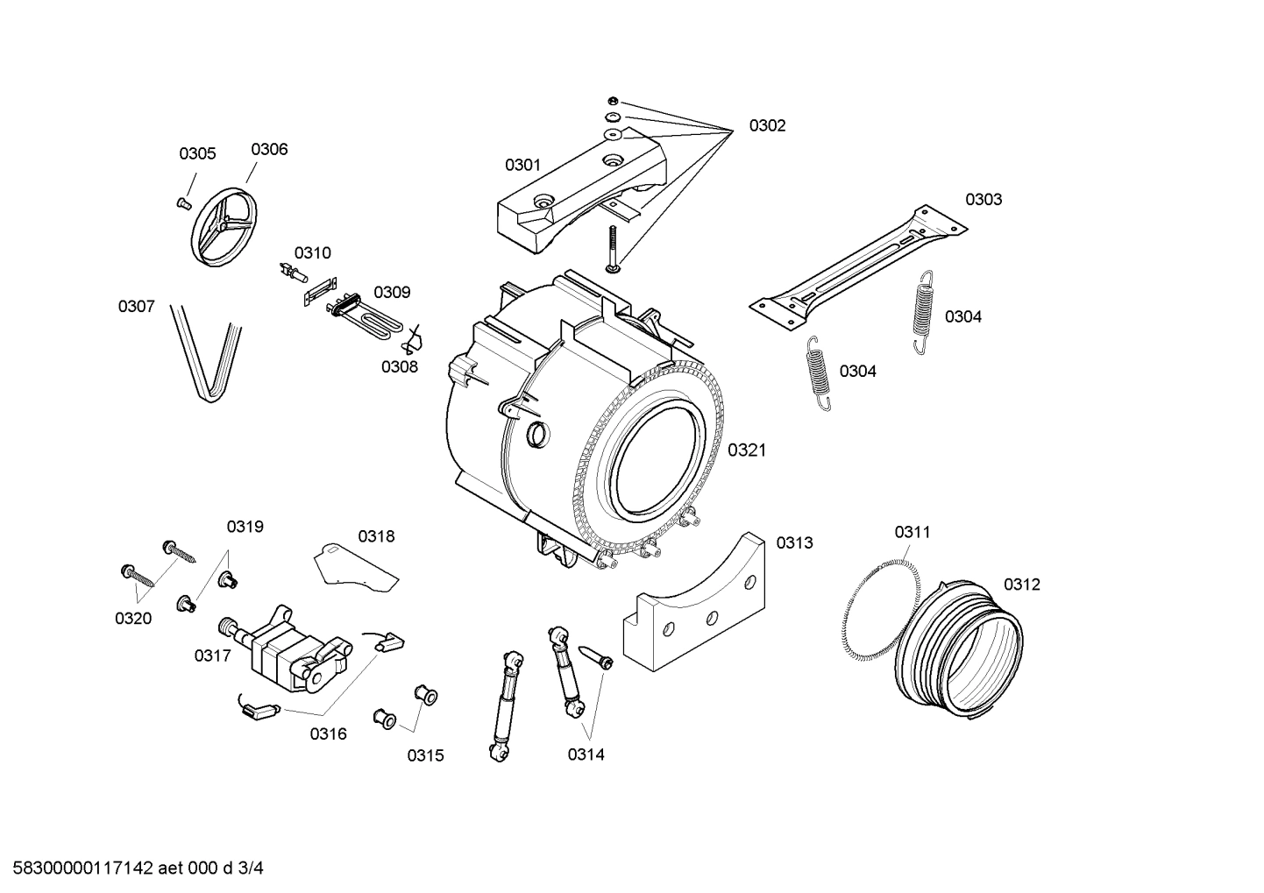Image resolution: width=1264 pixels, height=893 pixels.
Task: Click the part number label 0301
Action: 522,165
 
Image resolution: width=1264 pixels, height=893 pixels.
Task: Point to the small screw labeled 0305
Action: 184,203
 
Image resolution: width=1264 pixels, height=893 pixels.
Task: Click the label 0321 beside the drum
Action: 746,450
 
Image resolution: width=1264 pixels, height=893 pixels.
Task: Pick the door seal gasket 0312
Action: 959,649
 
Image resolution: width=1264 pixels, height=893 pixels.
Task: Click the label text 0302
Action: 767,125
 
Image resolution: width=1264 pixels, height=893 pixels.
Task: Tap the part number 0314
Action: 586,754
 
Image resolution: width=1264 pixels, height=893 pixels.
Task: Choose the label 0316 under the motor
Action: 327,734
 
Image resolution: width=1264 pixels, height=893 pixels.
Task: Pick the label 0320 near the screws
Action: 133,619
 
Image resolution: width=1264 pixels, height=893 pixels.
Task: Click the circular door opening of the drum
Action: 657,461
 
